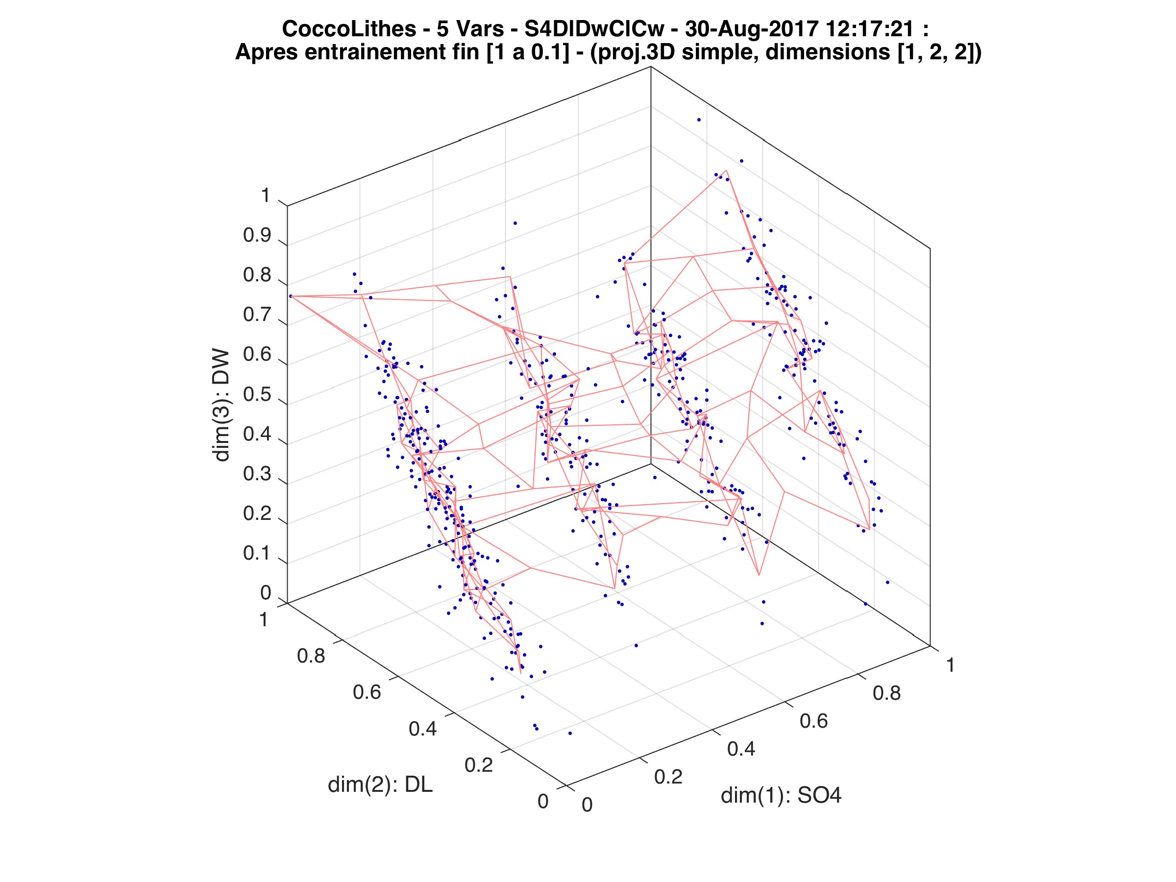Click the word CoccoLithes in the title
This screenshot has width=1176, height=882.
coord(349,29)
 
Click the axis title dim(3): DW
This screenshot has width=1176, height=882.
coord(221,405)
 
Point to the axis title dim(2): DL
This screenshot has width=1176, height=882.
coord(380,784)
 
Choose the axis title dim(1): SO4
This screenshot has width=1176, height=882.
coord(781,795)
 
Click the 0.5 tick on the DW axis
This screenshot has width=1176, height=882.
coord(257,394)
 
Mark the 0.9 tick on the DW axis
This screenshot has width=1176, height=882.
coord(257,236)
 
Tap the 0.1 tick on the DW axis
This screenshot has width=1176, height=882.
coord(257,553)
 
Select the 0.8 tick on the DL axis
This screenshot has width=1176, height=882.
coord(311,656)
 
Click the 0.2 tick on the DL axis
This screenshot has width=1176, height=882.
coord(478,765)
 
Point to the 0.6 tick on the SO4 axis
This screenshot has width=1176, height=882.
coord(814,721)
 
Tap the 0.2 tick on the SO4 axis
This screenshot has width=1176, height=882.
coord(668,777)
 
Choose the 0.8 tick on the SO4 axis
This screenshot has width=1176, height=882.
coord(887,693)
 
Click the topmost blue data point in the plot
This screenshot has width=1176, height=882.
coord(699,120)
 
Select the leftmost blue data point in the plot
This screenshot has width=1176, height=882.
coord(291,296)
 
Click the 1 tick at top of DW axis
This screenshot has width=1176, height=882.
coord(265,196)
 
